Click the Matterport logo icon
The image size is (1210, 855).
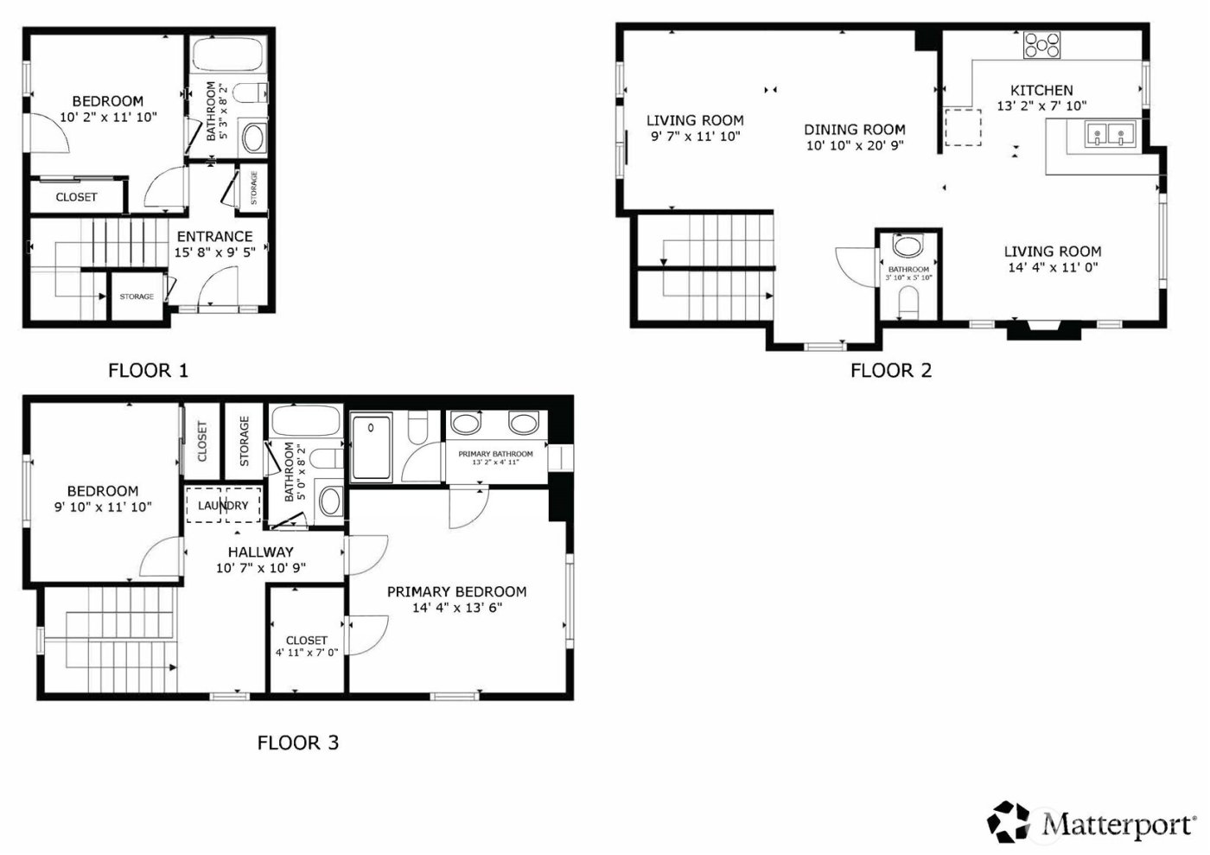pyautogui.click(x=1009, y=821)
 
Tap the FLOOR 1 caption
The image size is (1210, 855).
pyautogui.click(x=148, y=371)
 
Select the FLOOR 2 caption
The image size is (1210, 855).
pyautogui.click(x=891, y=371)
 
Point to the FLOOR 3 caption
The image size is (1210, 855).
pyautogui.click(x=298, y=743)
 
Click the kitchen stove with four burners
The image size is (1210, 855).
pyautogui.click(x=1041, y=45)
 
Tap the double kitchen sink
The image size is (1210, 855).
pyautogui.click(x=1110, y=135)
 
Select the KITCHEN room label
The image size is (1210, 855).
pyautogui.click(x=1041, y=90)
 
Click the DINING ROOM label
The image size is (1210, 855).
pyautogui.click(x=855, y=130)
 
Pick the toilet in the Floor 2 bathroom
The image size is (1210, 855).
pyautogui.click(x=908, y=303)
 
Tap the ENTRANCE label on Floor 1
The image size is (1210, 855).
pyautogui.click(x=214, y=237)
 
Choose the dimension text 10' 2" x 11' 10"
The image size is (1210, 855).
pyautogui.click(x=108, y=118)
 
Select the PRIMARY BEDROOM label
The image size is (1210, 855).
pyautogui.click(x=456, y=592)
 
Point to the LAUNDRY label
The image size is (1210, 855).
pyautogui.click(x=223, y=506)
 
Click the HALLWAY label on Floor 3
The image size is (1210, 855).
pyautogui.click(x=260, y=552)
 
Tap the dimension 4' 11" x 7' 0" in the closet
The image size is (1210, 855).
pyautogui.click(x=307, y=653)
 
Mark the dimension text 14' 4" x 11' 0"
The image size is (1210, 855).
pyautogui.click(x=1053, y=268)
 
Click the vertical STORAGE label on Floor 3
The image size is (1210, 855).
pyautogui.click(x=245, y=441)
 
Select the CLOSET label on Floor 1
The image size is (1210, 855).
pyautogui.click(x=76, y=197)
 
